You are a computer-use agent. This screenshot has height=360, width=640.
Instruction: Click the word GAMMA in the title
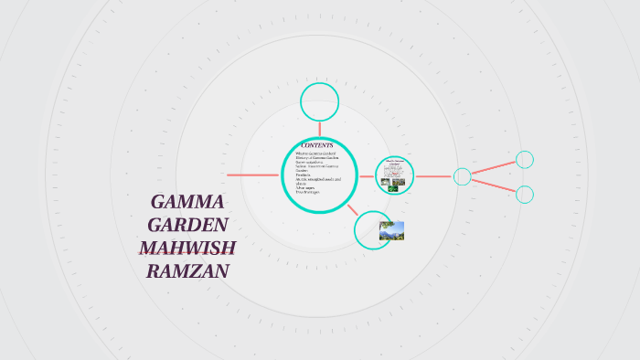point(187,202)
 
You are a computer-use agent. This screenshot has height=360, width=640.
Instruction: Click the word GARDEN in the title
point(187,225)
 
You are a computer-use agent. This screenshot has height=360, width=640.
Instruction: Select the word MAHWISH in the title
point(187,248)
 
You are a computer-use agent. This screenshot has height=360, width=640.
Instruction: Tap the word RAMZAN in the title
point(187,270)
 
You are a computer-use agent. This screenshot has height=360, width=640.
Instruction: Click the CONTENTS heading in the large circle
point(317,145)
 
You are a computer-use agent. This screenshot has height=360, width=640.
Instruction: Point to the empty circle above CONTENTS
point(320,101)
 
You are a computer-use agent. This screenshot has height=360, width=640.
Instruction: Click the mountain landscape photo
point(391,230)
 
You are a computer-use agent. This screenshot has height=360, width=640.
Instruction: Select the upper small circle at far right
point(525,160)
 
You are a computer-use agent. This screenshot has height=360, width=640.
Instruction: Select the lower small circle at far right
point(525,194)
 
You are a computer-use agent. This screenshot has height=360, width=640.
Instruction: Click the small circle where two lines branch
point(463,176)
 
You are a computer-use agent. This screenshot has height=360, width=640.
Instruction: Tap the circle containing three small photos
point(395,175)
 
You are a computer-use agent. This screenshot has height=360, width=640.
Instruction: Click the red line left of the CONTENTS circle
point(252,175)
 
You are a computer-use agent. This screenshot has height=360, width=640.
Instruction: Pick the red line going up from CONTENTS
point(320,129)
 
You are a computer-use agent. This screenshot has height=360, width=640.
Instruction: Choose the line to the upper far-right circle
point(494,168)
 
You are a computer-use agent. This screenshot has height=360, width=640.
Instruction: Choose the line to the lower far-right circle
point(494,185)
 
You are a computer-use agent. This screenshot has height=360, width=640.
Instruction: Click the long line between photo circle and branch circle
point(434,176)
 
